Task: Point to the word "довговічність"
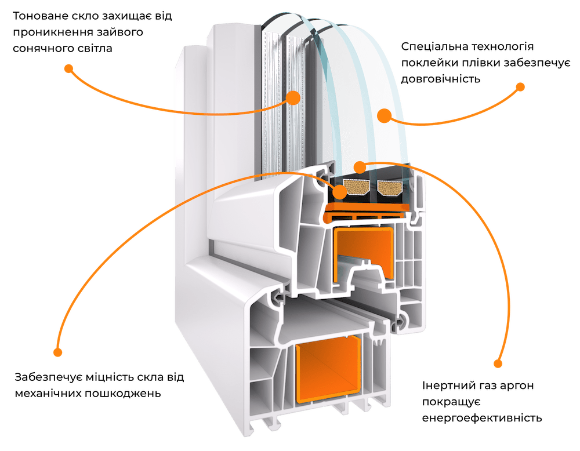[x=441, y=79]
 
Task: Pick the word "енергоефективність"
[x=482, y=418]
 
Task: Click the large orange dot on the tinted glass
[x=293, y=98]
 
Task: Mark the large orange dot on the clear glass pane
[x=385, y=116]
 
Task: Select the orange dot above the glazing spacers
[x=360, y=168]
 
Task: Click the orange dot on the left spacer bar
[x=339, y=192]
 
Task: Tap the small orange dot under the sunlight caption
[x=68, y=69]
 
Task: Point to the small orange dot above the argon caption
[x=498, y=363]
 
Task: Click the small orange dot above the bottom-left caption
[x=57, y=352]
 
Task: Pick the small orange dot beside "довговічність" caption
[x=520, y=87]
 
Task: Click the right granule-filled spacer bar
[x=390, y=187]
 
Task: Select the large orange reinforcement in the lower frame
[x=328, y=370]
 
